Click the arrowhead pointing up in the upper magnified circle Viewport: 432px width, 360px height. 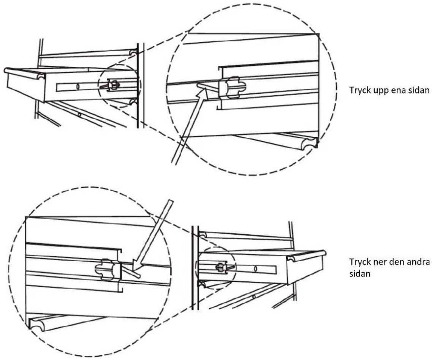pos(201,95)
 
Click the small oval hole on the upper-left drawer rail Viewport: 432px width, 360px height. pos(78,87)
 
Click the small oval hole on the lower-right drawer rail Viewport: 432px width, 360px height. pos(255,268)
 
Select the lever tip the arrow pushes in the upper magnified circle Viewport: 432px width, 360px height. pos(199,86)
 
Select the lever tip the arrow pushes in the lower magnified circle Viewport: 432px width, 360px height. pos(138,275)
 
